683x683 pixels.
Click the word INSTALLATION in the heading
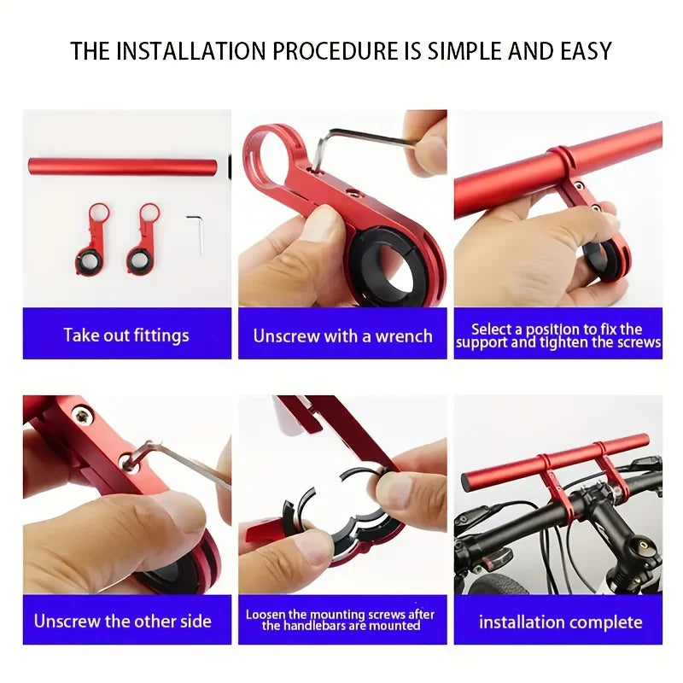191,51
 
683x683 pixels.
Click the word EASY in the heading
586,51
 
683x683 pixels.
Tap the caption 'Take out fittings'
126,336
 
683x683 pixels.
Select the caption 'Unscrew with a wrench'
343,336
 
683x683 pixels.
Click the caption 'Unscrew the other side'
122,622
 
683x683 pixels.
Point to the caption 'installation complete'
561,622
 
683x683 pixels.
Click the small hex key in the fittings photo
196,233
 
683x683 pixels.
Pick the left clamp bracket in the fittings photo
91,239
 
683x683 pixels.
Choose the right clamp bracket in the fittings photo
143,239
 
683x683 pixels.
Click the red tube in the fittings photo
123,166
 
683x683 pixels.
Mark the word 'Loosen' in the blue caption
265,615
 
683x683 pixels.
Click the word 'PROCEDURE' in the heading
336,51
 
